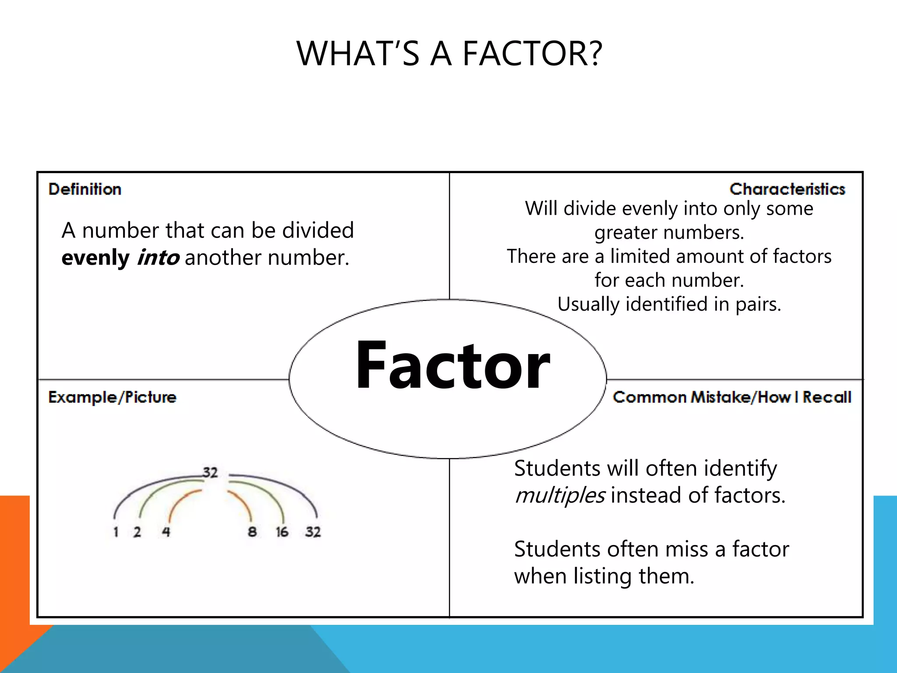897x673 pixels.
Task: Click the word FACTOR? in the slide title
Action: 533,53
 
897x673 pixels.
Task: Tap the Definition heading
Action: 85,189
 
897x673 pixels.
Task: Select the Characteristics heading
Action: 787,189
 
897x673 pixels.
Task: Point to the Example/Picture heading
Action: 112,397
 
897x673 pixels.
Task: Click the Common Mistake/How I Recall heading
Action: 732,397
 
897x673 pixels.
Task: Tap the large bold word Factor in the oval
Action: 452,365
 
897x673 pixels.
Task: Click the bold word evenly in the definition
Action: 95,258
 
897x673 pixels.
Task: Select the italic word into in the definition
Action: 158,258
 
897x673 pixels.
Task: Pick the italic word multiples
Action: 560,496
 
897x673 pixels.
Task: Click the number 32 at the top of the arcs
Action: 210,472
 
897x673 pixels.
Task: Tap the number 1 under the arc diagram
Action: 116,532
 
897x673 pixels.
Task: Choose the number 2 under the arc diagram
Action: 137,532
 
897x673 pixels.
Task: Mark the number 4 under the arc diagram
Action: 166,532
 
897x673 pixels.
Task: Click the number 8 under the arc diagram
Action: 252,532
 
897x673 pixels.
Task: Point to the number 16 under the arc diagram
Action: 282,532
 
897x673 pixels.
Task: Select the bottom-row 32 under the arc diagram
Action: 313,532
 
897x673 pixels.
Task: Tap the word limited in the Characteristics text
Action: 642,256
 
